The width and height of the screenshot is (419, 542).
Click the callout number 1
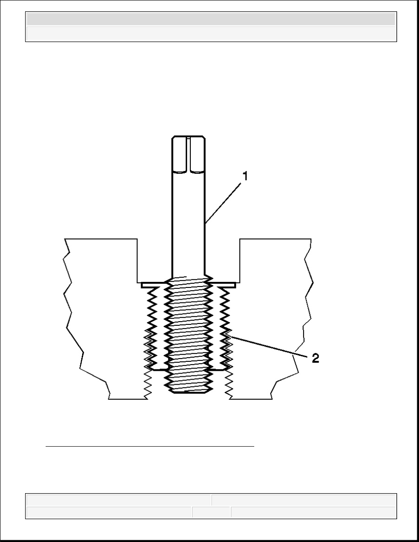click(245, 176)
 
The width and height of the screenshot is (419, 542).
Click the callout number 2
click(315, 359)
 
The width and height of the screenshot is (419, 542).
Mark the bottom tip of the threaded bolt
click(189, 392)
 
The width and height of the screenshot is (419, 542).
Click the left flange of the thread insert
click(154, 285)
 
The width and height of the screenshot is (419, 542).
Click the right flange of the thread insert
click(223, 285)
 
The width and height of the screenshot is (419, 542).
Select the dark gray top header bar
click(211, 19)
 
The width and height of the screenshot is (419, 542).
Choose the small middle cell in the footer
click(211, 512)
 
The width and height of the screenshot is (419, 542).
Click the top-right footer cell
click(304, 500)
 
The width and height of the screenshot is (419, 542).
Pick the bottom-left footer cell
click(109, 512)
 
